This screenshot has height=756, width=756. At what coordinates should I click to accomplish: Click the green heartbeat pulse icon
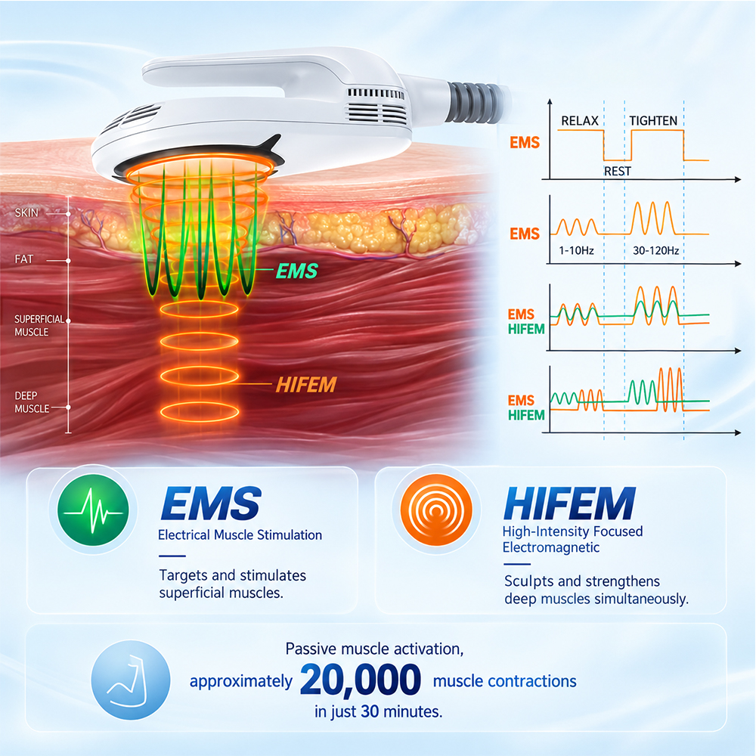pyautogui.click(x=93, y=510)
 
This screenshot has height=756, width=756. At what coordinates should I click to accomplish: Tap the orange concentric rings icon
pyautogui.click(x=436, y=510)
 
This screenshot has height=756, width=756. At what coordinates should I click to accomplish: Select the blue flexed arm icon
pyautogui.click(x=131, y=680)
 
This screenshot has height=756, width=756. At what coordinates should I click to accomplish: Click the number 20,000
pyautogui.click(x=360, y=680)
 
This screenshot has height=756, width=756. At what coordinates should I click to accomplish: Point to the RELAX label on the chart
pyautogui.click(x=580, y=120)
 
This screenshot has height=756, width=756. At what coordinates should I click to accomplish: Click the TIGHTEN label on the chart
pyautogui.click(x=653, y=120)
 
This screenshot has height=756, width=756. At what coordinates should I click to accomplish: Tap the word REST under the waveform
pyautogui.click(x=617, y=171)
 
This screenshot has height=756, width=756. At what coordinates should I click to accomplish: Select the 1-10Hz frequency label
pyautogui.click(x=576, y=250)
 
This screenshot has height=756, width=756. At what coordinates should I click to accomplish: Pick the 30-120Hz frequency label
pyautogui.click(x=655, y=250)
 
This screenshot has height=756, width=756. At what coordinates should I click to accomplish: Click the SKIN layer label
pyautogui.click(x=26, y=212)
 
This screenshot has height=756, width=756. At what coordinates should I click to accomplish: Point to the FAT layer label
pyautogui.click(x=23, y=259)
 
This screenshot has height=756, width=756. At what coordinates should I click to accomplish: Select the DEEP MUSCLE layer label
pyautogui.click(x=32, y=402)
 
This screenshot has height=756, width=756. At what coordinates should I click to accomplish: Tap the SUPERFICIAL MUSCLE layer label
pyautogui.click(x=39, y=325)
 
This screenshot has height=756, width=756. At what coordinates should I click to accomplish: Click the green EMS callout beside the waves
pyautogui.click(x=297, y=271)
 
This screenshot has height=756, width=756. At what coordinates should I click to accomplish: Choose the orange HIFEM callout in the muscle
pyautogui.click(x=305, y=385)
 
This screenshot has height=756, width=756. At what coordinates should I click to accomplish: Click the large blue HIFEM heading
pyautogui.click(x=569, y=503)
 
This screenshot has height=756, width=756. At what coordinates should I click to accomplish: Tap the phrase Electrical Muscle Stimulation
pyautogui.click(x=240, y=534)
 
